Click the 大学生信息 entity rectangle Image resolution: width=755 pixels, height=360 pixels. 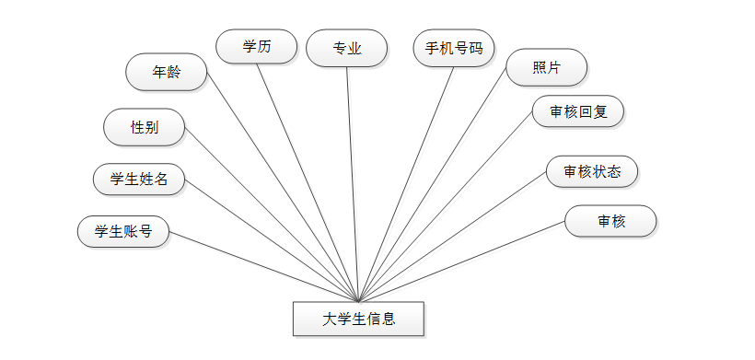point(358,319)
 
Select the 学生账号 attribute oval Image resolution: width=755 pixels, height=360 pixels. point(123,232)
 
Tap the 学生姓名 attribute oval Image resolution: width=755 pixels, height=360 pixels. point(139,179)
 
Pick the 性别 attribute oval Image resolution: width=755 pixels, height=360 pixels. point(145,126)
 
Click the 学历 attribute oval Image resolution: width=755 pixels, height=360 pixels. point(256,47)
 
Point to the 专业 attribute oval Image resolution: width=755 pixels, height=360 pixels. point(347,48)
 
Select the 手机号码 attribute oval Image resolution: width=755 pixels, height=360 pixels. point(454,48)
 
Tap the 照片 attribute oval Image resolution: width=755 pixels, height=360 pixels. point(546,66)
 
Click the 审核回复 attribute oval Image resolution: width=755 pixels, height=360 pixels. point(578,111)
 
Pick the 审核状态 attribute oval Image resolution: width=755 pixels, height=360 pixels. point(591,170)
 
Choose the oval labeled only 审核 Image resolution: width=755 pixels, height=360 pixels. point(610,221)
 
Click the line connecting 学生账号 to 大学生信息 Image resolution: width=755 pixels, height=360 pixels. point(264,266)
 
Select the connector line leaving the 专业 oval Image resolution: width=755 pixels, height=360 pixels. point(353,184)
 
